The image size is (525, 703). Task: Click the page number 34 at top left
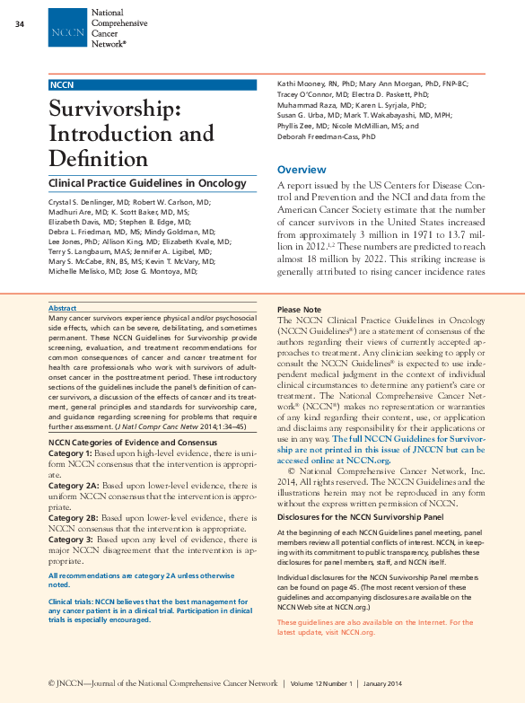point(20,23)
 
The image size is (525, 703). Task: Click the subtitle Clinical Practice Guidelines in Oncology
point(146,184)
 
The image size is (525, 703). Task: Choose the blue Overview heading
point(302,170)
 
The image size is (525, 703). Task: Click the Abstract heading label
point(62,308)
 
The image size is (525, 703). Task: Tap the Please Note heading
point(300,309)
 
